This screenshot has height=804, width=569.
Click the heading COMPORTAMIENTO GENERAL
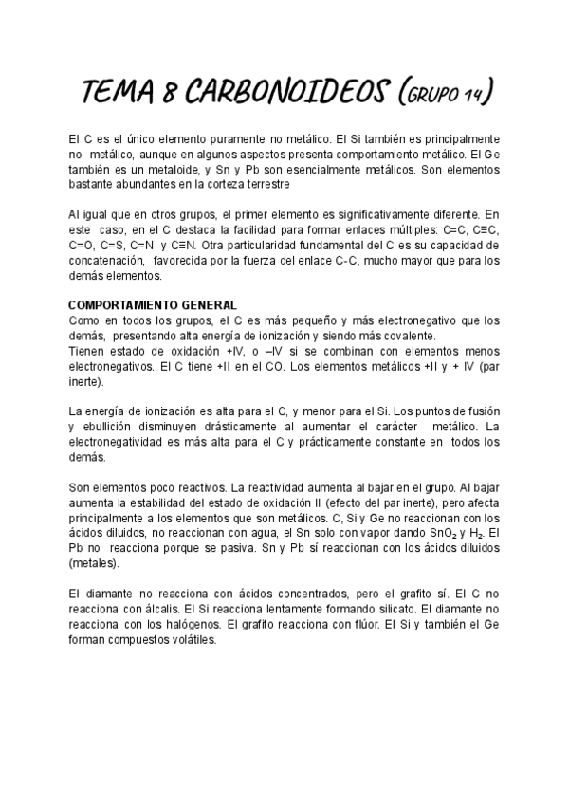click(x=153, y=305)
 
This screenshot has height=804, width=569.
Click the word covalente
click(x=411, y=335)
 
